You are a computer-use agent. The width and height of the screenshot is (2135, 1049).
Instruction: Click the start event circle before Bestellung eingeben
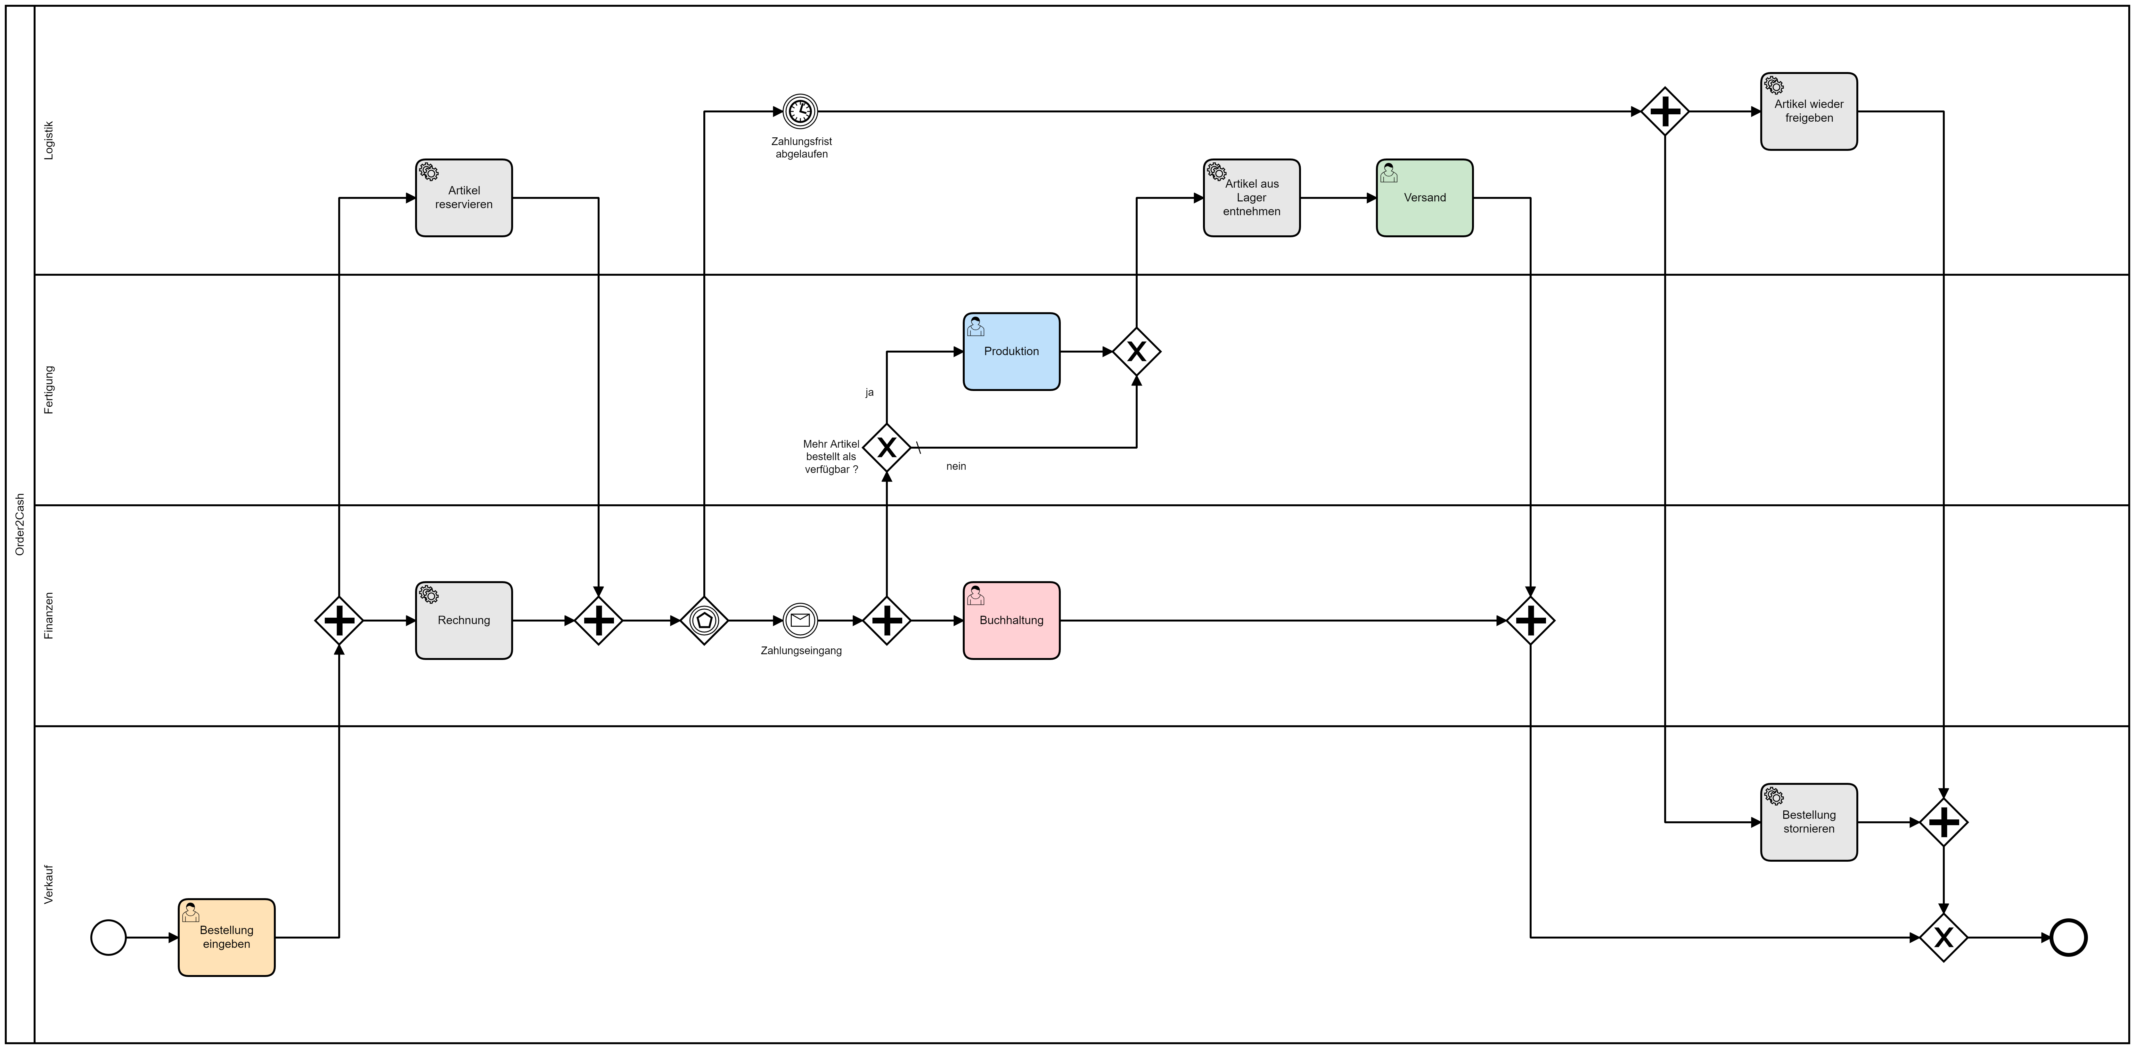[x=109, y=938]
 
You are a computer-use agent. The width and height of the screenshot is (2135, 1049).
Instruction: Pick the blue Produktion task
[x=1011, y=351]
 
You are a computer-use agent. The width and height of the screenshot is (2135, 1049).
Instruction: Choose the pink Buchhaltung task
[x=1011, y=621]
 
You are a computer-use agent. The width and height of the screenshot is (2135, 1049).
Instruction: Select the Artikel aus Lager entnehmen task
[x=1251, y=198]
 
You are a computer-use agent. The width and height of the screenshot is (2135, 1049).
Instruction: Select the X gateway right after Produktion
[x=1136, y=351]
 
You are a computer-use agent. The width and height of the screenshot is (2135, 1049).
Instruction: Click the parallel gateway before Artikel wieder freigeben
[x=1665, y=111]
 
